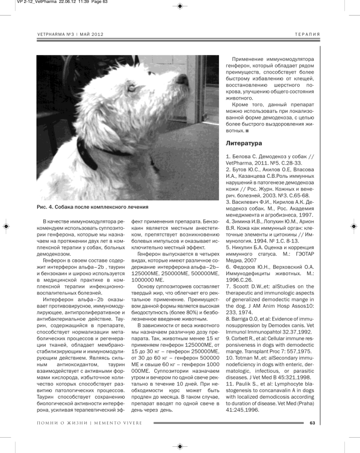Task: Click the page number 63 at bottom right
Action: pos(312,423)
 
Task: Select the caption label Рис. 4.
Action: pos(47,207)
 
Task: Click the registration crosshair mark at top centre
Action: pos(180,6)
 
